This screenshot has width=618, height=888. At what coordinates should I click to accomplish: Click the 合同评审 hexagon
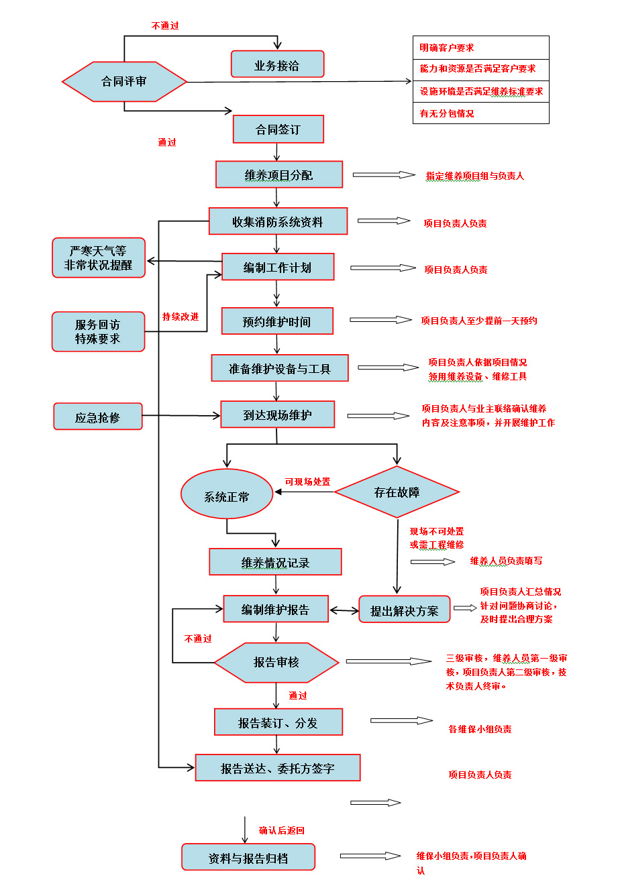point(124,82)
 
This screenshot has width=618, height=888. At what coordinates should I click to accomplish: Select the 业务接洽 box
point(277,65)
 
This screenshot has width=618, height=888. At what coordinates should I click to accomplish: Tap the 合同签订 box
point(278,129)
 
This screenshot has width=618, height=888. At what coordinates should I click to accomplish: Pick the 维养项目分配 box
point(278,175)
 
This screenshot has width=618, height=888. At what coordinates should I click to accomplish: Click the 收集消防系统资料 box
point(278,221)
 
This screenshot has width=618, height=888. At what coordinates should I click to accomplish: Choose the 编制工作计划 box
point(277,267)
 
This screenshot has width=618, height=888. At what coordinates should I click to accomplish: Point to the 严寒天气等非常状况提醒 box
point(99,258)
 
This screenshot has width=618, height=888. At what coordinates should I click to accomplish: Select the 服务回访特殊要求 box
point(98,331)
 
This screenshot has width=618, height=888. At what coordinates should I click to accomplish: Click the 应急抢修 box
point(98,417)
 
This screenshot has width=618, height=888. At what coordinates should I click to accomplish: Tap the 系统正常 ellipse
point(227,495)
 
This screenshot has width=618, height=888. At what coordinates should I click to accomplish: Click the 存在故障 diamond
point(397,492)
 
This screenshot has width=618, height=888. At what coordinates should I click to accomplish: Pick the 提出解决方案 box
point(404,610)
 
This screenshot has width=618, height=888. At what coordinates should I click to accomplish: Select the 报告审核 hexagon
point(276,662)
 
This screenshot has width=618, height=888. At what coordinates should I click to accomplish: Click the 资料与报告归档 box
point(248,857)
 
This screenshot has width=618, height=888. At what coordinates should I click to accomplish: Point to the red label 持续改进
point(181,317)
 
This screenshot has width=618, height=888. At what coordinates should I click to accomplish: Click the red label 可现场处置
point(307,482)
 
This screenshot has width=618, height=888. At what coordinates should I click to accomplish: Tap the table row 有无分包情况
point(480,113)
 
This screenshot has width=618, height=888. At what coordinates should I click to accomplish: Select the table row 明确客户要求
point(480,48)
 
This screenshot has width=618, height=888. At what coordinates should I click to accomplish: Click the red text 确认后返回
point(282,830)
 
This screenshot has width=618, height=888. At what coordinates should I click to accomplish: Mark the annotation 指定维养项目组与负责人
point(475,176)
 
